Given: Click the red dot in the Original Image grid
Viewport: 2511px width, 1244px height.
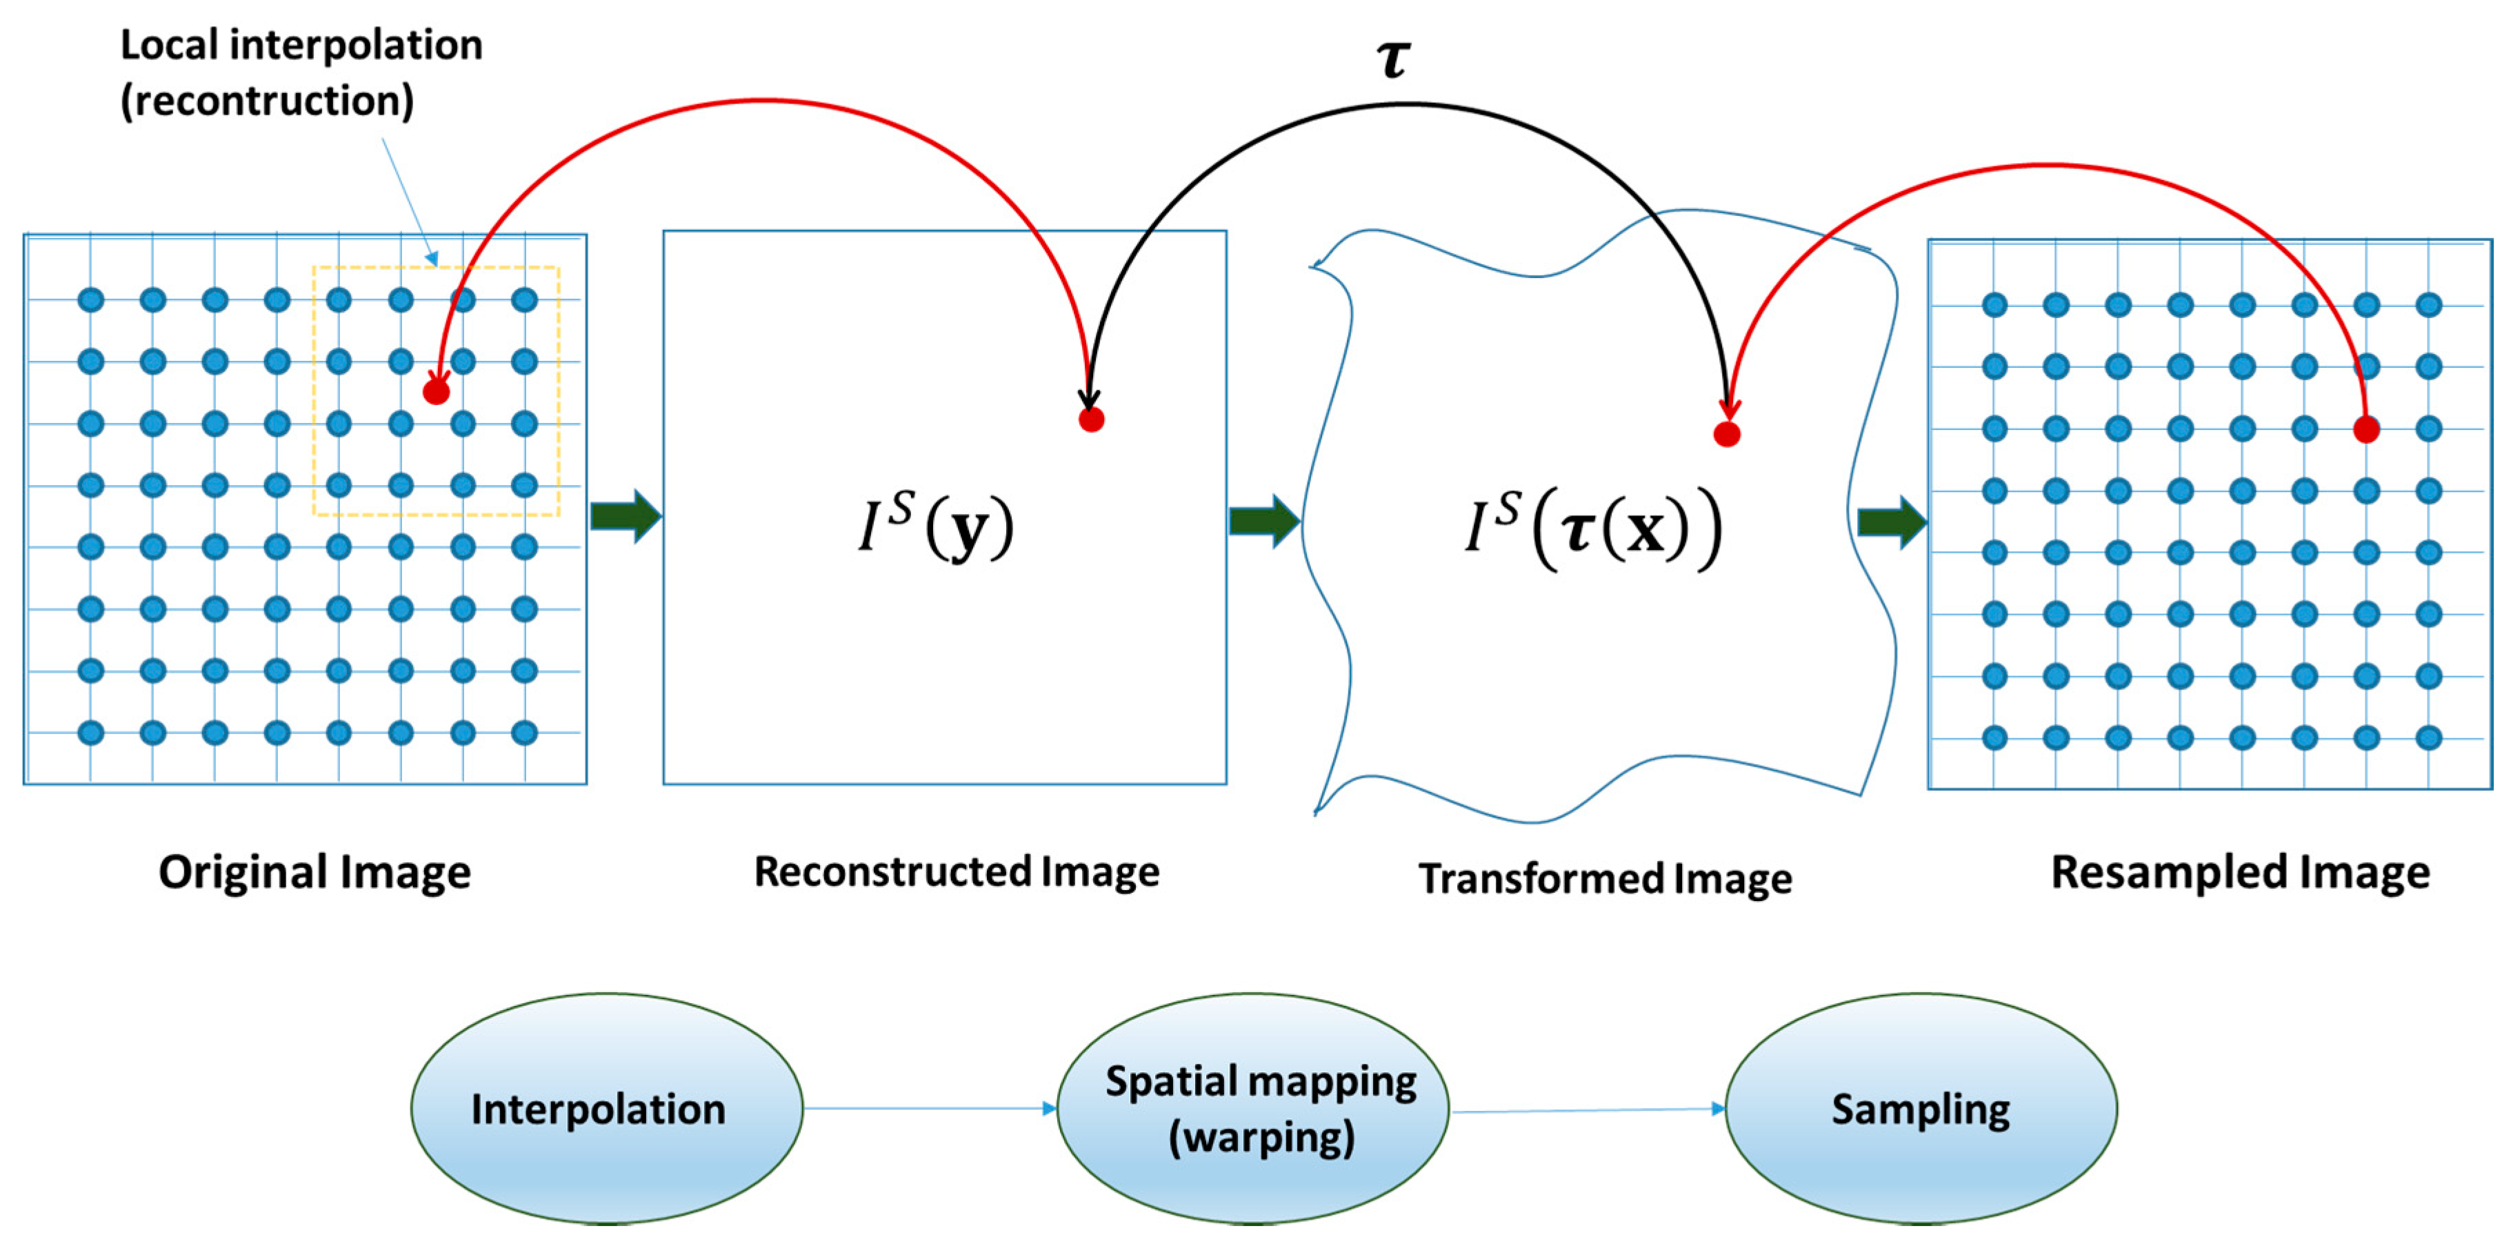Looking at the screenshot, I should (436, 392).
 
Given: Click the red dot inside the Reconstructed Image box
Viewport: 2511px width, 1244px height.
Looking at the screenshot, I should (1091, 420).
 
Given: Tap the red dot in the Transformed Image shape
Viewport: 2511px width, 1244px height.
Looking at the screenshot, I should (1726, 434).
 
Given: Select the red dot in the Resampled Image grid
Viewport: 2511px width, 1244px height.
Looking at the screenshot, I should (2365, 429).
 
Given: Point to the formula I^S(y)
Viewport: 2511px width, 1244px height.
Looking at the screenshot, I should (937, 527).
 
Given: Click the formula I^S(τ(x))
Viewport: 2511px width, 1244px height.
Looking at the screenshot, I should (1594, 531).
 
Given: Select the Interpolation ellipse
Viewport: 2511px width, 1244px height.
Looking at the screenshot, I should (606, 1109).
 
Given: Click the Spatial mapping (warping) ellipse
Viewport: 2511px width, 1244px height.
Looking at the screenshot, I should (1252, 1109).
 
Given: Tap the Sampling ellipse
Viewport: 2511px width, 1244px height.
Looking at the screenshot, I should (1920, 1109).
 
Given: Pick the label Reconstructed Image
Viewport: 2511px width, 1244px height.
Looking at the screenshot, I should (957, 871).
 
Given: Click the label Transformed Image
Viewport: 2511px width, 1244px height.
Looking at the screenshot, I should (1605, 878).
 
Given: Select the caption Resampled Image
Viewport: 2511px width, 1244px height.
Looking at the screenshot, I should (2240, 873).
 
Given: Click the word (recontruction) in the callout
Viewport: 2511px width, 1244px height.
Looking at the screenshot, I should (267, 101).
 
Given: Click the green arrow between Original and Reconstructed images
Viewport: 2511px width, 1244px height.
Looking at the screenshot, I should (626, 515).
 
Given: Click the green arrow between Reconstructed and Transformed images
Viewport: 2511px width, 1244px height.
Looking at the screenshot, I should (1263, 521).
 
